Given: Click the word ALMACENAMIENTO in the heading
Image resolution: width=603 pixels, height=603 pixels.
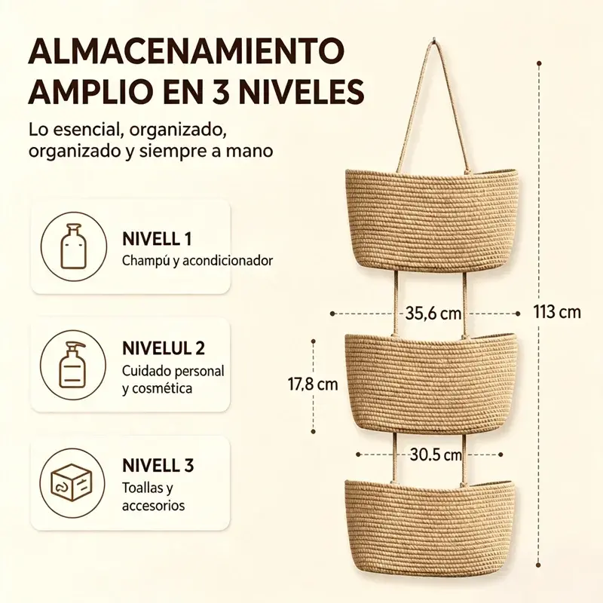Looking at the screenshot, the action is [x=186, y=51].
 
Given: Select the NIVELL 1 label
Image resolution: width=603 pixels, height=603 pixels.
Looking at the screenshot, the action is [x=157, y=239].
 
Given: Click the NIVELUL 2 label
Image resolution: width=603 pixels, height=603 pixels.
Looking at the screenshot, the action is [x=164, y=348].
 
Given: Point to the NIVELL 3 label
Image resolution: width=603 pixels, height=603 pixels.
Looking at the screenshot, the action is [x=158, y=465].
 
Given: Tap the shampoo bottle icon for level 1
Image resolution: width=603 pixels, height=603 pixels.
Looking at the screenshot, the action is [x=73, y=246].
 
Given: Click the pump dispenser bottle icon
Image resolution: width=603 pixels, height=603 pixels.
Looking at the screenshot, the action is [x=72, y=365].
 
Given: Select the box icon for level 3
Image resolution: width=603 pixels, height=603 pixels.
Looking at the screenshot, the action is [x=72, y=482].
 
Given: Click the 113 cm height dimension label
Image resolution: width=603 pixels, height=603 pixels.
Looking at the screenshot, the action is [x=557, y=311].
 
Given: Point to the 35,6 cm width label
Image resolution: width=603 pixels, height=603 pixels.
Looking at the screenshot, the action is [x=433, y=314].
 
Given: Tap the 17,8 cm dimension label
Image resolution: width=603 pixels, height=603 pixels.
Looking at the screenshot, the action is [x=313, y=384].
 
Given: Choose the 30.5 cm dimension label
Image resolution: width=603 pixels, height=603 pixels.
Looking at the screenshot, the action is [x=436, y=455].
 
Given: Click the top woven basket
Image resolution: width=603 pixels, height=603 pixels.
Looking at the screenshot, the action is [x=431, y=219].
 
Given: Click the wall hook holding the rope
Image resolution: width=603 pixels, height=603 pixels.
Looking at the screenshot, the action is [x=434, y=39].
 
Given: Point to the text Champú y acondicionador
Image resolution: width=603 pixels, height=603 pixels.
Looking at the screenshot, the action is [x=197, y=261].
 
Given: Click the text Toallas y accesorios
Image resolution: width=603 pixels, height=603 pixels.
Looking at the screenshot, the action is [x=154, y=497].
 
